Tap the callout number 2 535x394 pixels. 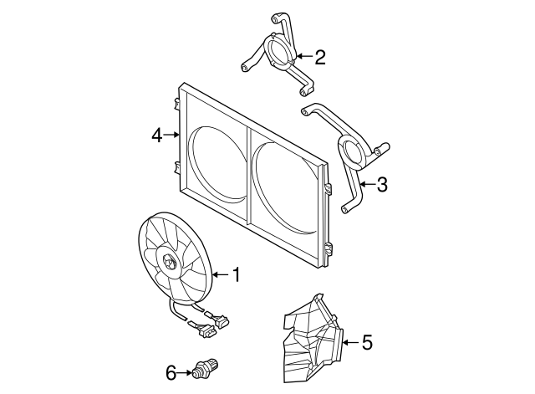pos(319,57)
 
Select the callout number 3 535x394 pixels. pos(381,185)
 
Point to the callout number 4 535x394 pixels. pos(156,134)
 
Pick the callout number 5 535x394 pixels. pos(367,341)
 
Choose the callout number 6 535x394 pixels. pos(171,372)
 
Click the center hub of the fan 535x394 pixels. pos(169,264)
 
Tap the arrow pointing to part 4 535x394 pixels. pos(171,134)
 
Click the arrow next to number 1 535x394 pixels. pos(219,274)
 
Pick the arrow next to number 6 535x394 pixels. pos(186,372)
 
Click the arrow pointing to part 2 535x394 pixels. pos(303,57)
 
